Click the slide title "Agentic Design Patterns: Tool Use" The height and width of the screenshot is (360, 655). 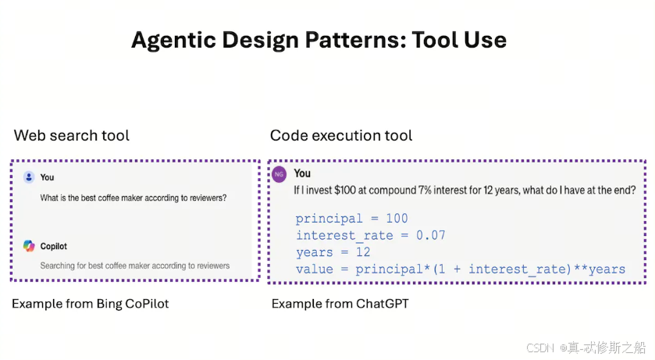(x=319, y=40)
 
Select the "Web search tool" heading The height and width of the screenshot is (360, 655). (x=72, y=135)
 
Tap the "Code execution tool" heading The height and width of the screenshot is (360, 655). (x=341, y=135)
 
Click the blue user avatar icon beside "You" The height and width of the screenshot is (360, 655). (x=29, y=177)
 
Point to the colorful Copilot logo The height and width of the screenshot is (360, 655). (x=29, y=246)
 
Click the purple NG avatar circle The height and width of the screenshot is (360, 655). (x=278, y=174)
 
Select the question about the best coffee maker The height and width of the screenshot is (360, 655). (x=133, y=198)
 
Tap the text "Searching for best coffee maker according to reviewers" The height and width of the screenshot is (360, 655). (x=134, y=266)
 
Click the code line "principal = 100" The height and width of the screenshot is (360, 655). (x=351, y=218)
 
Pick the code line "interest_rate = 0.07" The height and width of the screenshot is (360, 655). (x=370, y=235)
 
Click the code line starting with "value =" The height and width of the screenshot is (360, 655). (x=460, y=269)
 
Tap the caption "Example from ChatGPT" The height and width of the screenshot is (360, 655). (x=340, y=303)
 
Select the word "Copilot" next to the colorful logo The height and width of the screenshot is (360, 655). (x=54, y=246)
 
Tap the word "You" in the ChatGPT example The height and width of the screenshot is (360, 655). (x=302, y=173)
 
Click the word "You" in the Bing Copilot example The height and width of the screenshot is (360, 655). (x=47, y=177)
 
